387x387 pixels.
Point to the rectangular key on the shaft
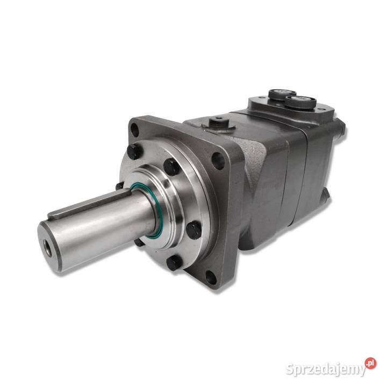(x=89, y=204)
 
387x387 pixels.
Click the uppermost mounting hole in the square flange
(x=135, y=130)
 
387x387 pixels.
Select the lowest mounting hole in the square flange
(x=211, y=277)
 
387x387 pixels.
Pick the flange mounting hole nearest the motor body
(x=218, y=161)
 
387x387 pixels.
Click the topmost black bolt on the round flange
(x=134, y=151)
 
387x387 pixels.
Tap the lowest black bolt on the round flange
(x=175, y=263)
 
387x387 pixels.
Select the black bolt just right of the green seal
(x=194, y=230)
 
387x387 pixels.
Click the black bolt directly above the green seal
(x=171, y=167)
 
